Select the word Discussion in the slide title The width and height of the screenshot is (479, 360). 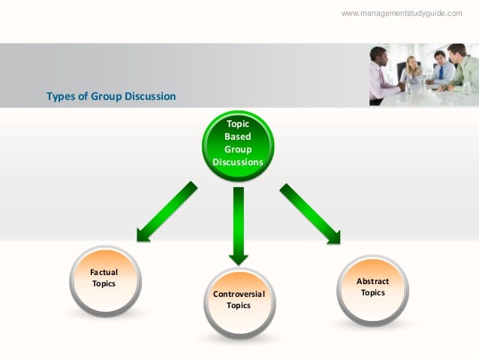tap(151, 96)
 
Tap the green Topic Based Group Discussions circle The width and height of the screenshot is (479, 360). tap(238, 144)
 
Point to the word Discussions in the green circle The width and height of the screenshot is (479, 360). tap(238, 162)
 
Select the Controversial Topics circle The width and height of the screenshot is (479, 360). tap(238, 299)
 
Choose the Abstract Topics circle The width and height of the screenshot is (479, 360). tap(372, 287)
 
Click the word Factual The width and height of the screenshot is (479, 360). tap(104, 272)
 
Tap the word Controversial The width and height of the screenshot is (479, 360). tap(238, 293)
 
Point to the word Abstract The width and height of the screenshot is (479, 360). tap(372, 281)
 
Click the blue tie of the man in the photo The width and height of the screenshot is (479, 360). tap(441, 73)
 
